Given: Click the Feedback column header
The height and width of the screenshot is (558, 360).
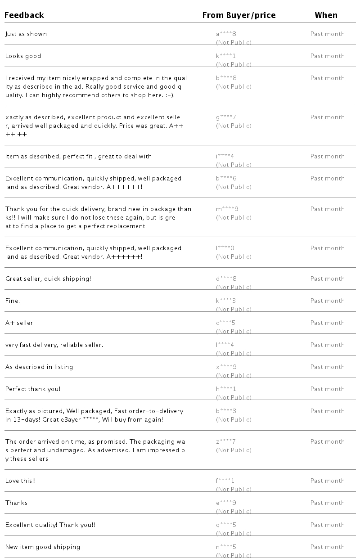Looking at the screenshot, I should coord(24,15).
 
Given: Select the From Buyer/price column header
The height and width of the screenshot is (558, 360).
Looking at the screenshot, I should coord(238,15).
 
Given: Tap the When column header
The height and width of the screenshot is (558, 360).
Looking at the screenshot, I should coord(326,15).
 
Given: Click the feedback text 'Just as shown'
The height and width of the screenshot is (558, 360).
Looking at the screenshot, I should coord(26,34).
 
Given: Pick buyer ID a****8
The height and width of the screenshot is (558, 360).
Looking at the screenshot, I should coord(226,34).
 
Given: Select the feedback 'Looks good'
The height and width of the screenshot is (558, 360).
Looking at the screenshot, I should coord(23,56).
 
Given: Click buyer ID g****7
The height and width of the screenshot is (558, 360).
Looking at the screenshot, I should coord(226,117).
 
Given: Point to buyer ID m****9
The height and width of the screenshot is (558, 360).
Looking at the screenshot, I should coord(227,209).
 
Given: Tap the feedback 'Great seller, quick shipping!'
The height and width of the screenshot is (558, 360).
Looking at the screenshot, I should coord(48,279).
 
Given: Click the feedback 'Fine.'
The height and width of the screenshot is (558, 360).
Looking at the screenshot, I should coord(13,301).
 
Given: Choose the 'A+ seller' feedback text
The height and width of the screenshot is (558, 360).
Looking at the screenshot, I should coord(19,323).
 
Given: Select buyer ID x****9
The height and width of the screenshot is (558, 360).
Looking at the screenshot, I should coord(226,367).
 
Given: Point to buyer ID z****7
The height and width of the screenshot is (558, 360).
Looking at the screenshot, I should coord(226,442).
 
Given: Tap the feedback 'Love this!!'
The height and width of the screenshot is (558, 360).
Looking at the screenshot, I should coord(21,481).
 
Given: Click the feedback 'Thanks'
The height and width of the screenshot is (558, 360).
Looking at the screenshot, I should coord(17,503).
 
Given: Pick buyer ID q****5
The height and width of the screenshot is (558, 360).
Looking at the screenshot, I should coord(226,525).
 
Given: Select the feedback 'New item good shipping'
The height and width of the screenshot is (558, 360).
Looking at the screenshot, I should coord(43,547).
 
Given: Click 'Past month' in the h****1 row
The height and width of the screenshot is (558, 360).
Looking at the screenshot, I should coord(327,389).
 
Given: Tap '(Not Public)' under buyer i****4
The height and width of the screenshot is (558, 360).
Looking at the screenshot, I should coord(234,165).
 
